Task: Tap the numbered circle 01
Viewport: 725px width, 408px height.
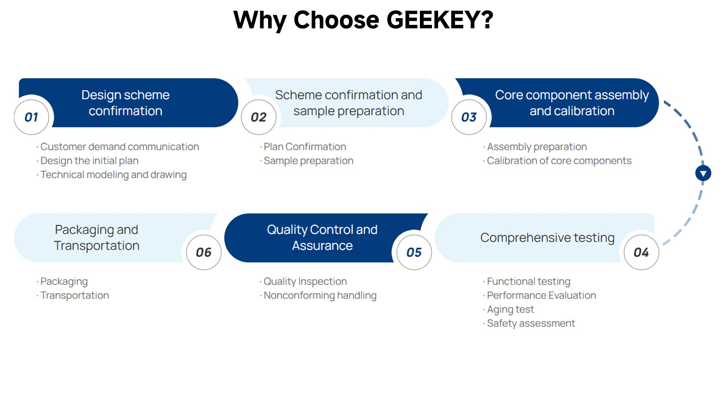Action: (x=32, y=117)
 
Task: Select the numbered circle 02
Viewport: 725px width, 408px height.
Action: (x=259, y=117)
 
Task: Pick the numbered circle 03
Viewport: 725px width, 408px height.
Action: (x=469, y=117)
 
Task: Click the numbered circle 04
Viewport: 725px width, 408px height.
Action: (x=641, y=252)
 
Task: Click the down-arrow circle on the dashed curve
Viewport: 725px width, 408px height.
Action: (x=703, y=173)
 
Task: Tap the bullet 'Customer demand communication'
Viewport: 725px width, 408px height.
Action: (x=118, y=147)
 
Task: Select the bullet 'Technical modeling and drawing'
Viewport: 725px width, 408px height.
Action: (x=112, y=175)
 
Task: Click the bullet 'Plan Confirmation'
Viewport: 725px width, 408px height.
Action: (x=303, y=147)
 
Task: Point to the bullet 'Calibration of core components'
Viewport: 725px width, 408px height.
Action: (x=557, y=161)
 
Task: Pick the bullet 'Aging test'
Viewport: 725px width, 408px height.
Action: (x=509, y=309)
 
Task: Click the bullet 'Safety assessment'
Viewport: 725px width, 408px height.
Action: (x=529, y=323)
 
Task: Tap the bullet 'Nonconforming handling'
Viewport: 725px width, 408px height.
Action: (x=318, y=295)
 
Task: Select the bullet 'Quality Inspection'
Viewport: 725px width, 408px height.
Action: (x=303, y=281)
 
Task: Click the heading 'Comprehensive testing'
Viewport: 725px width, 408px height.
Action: (x=548, y=238)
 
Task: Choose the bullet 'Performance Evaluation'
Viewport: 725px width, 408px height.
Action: (x=540, y=295)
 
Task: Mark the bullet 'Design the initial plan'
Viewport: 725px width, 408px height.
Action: (x=88, y=161)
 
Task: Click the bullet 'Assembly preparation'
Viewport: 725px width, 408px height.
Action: (x=535, y=147)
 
